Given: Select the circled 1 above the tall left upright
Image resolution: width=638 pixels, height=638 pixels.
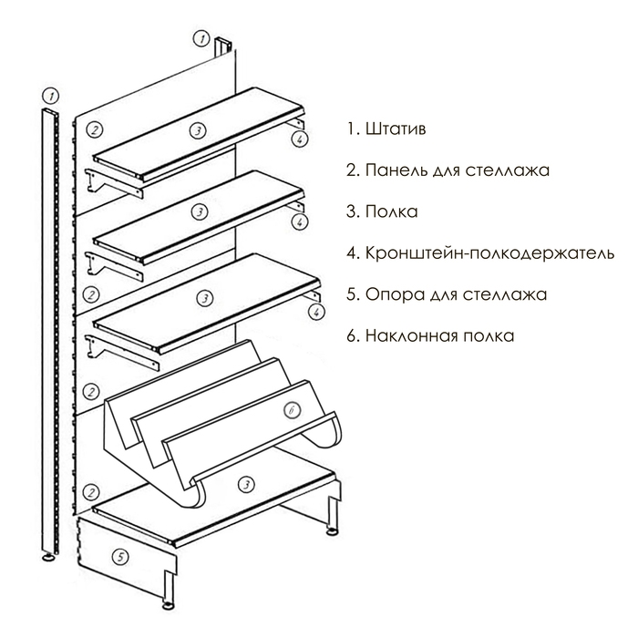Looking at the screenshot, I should [x=52, y=95].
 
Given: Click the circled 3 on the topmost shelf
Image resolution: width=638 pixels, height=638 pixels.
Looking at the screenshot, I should [x=197, y=131].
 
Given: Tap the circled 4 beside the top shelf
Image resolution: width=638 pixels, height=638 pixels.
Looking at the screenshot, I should [x=299, y=139].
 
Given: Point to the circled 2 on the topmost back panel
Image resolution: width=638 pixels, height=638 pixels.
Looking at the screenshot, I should [x=96, y=129].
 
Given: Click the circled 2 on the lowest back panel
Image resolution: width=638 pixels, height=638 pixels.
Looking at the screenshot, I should [x=90, y=491].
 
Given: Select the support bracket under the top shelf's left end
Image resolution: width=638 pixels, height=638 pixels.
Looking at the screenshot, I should [x=115, y=183].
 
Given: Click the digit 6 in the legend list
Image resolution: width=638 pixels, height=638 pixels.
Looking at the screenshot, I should [x=351, y=336].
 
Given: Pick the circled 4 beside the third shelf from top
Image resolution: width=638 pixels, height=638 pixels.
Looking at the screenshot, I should [x=315, y=312].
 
